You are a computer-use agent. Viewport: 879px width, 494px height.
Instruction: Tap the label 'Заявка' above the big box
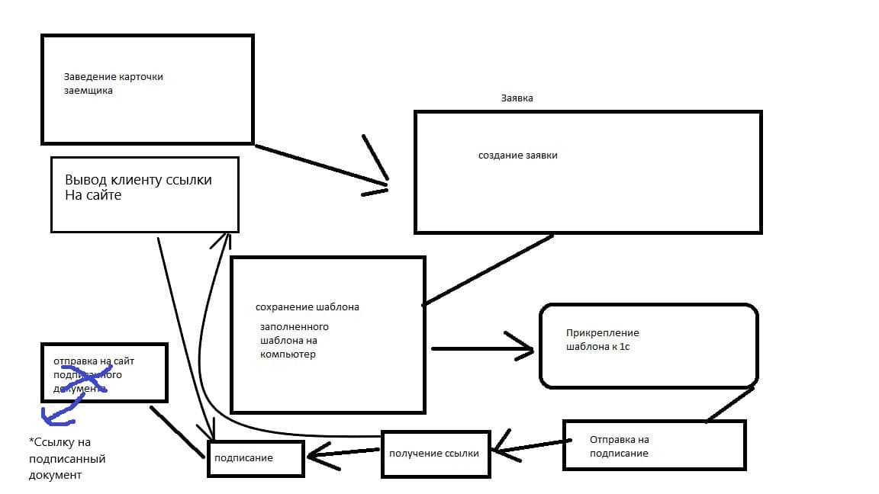click(517, 98)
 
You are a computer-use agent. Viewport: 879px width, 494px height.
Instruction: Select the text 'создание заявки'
click(517, 155)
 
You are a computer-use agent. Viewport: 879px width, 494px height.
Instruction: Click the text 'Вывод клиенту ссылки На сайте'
click(138, 188)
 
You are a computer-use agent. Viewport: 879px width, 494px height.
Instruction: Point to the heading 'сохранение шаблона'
click(307, 307)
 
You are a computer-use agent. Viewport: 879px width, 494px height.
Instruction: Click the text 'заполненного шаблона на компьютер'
click(294, 340)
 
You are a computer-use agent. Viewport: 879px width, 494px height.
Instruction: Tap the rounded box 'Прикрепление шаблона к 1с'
click(649, 345)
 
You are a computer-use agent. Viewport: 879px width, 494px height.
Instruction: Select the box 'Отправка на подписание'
click(654, 445)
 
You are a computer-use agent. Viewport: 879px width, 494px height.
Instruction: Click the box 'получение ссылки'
click(434, 454)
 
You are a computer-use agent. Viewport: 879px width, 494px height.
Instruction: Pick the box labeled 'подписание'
click(255, 457)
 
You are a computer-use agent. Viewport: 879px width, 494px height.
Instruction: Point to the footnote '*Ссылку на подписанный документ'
click(66, 459)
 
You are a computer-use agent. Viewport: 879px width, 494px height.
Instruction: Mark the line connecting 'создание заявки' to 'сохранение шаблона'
click(488, 270)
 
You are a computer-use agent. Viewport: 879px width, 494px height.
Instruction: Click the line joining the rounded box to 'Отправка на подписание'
click(730, 404)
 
